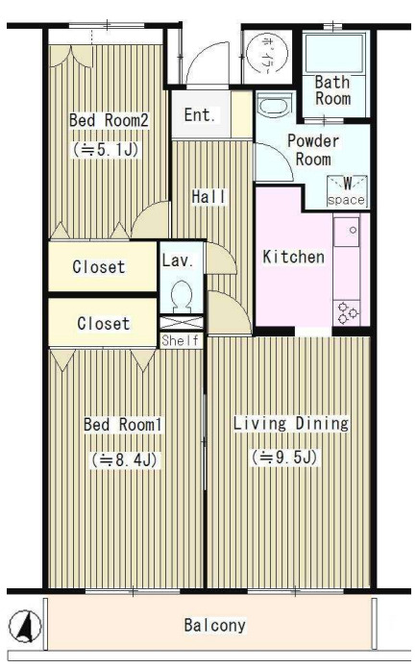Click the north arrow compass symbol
(x=25, y=626)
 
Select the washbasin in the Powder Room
(x=274, y=105)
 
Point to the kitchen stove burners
(x=347, y=313)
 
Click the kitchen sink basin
(x=347, y=233)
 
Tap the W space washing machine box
(x=347, y=191)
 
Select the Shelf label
(x=180, y=340)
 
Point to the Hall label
(x=209, y=197)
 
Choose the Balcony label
(x=215, y=625)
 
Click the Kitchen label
(x=293, y=257)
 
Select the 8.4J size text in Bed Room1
(x=124, y=459)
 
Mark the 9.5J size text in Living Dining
(x=284, y=458)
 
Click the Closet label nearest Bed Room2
(x=99, y=267)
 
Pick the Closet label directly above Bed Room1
(x=104, y=323)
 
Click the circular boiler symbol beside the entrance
(x=267, y=53)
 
